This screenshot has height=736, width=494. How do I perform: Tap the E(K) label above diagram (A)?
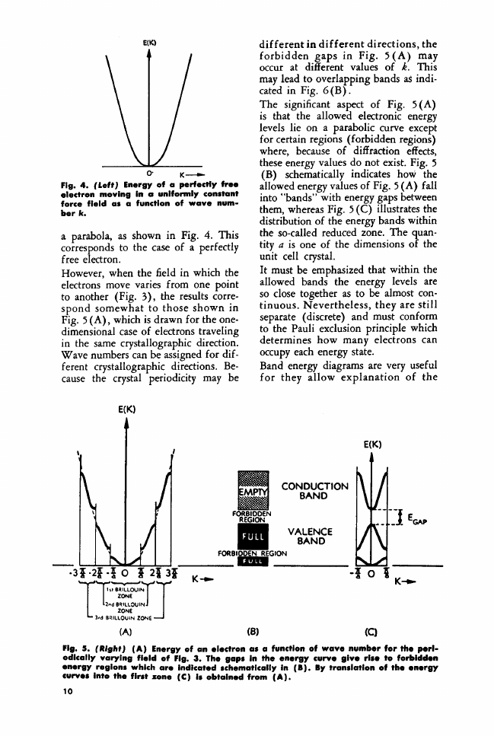point(126,409)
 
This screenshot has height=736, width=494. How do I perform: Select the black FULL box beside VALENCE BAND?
point(252,537)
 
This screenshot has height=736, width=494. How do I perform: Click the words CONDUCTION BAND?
point(315,490)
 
